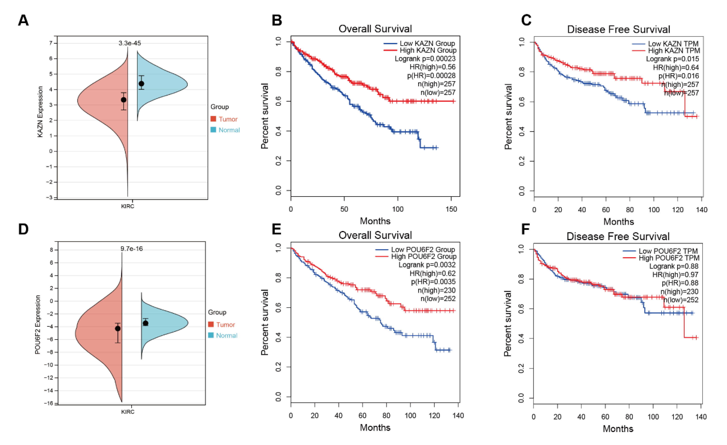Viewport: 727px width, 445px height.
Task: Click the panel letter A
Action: (x=23, y=20)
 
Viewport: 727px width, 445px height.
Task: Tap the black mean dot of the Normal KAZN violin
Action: (x=141, y=84)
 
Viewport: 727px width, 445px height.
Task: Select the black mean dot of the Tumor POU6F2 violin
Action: (x=118, y=328)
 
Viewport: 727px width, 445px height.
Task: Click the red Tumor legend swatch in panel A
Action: (x=213, y=119)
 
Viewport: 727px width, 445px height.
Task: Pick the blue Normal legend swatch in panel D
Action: (x=211, y=335)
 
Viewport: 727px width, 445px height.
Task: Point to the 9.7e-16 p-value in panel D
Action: (x=132, y=249)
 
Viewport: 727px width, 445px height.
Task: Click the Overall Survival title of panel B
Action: (x=375, y=29)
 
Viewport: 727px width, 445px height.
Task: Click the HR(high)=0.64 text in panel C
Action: (x=676, y=67)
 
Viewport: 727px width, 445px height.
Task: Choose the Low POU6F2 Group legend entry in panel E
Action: (x=423, y=250)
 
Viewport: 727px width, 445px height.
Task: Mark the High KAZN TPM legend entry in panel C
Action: (x=674, y=51)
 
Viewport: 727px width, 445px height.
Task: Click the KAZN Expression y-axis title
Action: (x=40, y=112)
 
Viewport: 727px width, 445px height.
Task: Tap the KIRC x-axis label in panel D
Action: (x=128, y=412)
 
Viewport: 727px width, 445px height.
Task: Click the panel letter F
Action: (x=525, y=229)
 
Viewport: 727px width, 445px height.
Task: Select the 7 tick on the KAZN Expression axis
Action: (x=51, y=43)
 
